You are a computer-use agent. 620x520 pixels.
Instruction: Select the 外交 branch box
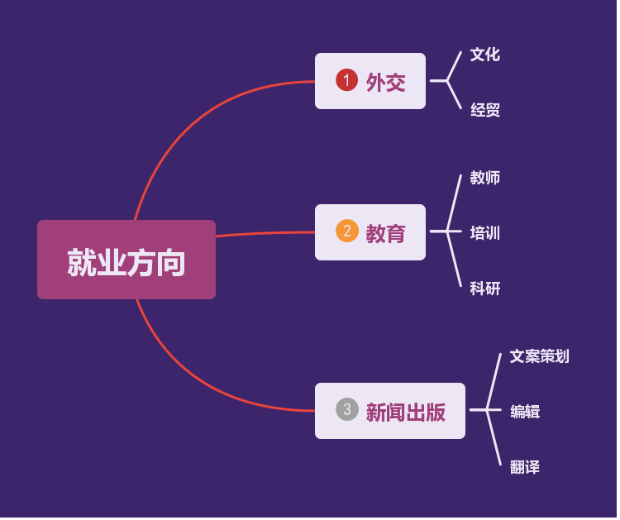point(370,81)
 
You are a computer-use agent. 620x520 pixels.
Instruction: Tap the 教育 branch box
point(370,232)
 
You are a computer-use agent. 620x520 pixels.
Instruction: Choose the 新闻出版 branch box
point(390,411)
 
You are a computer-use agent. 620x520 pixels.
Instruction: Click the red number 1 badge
point(346,80)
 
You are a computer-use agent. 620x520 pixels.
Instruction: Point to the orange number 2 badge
point(346,231)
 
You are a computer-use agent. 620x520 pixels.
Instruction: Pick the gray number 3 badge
point(346,409)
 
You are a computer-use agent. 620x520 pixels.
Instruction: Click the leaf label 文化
point(485,55)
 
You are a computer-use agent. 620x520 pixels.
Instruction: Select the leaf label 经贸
point(485,110)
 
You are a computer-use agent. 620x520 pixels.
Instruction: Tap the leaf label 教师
point(485,178)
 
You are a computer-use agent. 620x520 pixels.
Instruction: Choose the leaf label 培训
point(485,233)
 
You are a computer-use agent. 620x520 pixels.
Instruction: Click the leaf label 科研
point(485,289)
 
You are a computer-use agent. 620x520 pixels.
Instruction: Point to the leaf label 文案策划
point(539,356)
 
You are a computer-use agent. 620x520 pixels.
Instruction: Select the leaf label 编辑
point(525,412)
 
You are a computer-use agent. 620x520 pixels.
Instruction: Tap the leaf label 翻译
point(525,467)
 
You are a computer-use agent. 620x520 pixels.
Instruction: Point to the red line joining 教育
point(265,234)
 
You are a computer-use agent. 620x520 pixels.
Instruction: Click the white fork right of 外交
point(448,81)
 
